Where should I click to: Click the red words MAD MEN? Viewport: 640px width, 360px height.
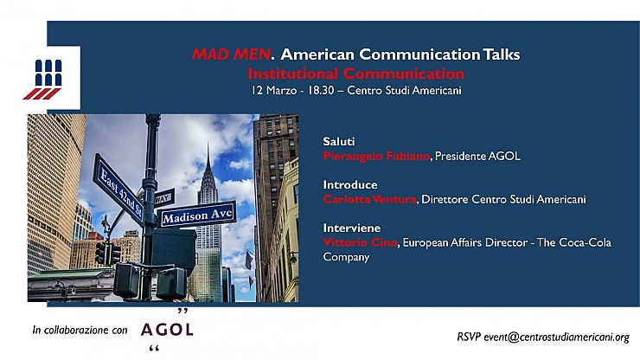click(x=232, y=55)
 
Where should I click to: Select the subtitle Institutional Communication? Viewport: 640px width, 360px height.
click(x=356, y=74)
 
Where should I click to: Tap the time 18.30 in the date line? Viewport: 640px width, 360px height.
click(x=321, y=90)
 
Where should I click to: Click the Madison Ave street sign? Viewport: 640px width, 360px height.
click(x=197, y=215)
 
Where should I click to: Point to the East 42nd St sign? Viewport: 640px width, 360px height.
click(x=118, y=190)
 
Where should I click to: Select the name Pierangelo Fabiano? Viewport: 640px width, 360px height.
click(x=376, y=156)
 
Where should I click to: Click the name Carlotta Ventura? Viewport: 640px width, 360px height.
click(x=370, y=199)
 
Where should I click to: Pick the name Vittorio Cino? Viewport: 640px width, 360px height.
click(x=360, y=242)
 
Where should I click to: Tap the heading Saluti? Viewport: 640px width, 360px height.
click(x=339, y=141)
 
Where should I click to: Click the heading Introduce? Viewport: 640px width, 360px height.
click(x=350, y=184)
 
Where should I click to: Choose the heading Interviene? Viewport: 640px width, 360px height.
click(x=352, y=228)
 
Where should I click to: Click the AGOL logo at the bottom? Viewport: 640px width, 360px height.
click(x=167, y=330)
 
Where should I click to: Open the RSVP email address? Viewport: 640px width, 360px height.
click(x=557, y=337)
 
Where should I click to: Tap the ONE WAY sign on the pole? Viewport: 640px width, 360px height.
click(x=164, y=198)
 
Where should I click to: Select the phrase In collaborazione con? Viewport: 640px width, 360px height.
click(x=80, y=331)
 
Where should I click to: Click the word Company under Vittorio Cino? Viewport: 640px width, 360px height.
click(x=346, y=257)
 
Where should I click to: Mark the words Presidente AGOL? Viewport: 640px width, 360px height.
click(x=477, y=156)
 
